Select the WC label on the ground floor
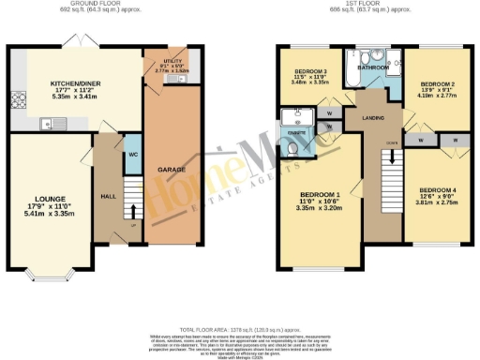133,153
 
